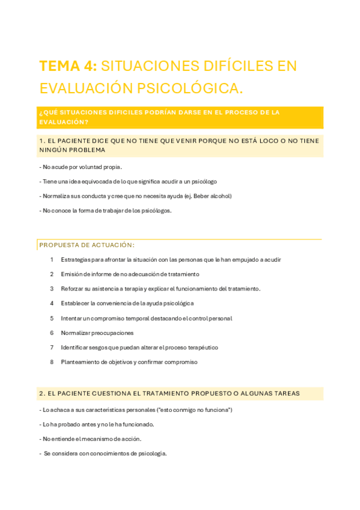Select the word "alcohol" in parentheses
point(218,196)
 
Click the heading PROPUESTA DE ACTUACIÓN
point(87,245)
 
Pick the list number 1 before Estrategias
point(52,260)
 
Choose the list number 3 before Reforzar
point(52,289)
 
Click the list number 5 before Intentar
point(52,318)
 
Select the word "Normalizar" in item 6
point(76,333)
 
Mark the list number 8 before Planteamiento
point(52,362)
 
